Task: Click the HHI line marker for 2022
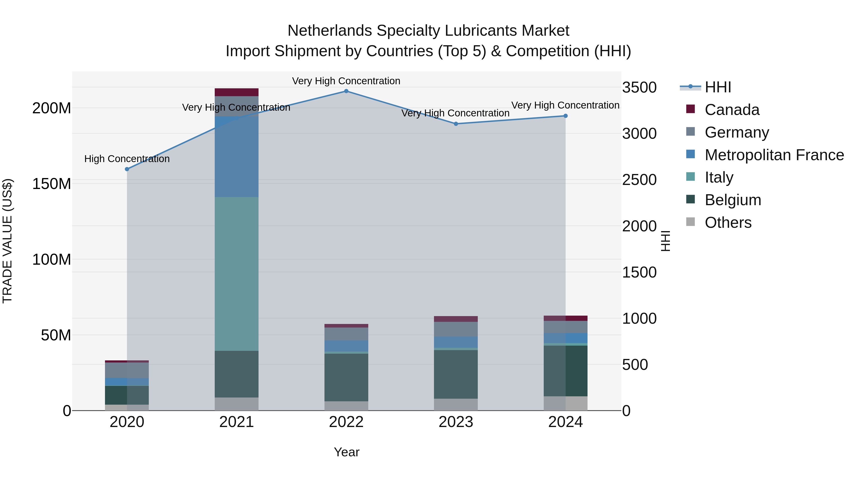pos(346,91)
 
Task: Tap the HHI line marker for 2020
pos(127,169)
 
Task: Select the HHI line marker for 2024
pos(565,116)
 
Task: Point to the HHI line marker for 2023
pos(456,124)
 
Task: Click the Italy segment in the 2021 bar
pos(237,273)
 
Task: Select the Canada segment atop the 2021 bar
pos(237,92)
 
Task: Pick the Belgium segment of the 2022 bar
pos(346,377)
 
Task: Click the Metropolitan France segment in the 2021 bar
pos(237,156)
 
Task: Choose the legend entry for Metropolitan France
pos(774,155)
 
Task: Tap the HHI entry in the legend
pos(717,87)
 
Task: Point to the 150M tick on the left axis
pos(52,184)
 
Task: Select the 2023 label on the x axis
pos(456,422)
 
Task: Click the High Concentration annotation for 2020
pos(127,159)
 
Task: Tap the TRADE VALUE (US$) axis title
pos(7,241)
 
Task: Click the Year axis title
pos(346,452)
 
